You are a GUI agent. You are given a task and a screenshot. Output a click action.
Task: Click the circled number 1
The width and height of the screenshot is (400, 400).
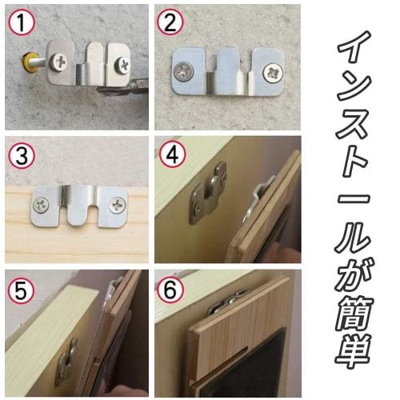(x=19, y=22)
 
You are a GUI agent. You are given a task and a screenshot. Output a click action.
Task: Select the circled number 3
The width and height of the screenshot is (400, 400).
(x=19, y=154)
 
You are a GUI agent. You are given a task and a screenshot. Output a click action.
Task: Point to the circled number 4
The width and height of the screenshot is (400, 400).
(x=170, y=154)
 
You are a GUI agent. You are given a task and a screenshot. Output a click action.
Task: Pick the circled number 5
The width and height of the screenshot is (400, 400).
(x=19, y=286)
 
